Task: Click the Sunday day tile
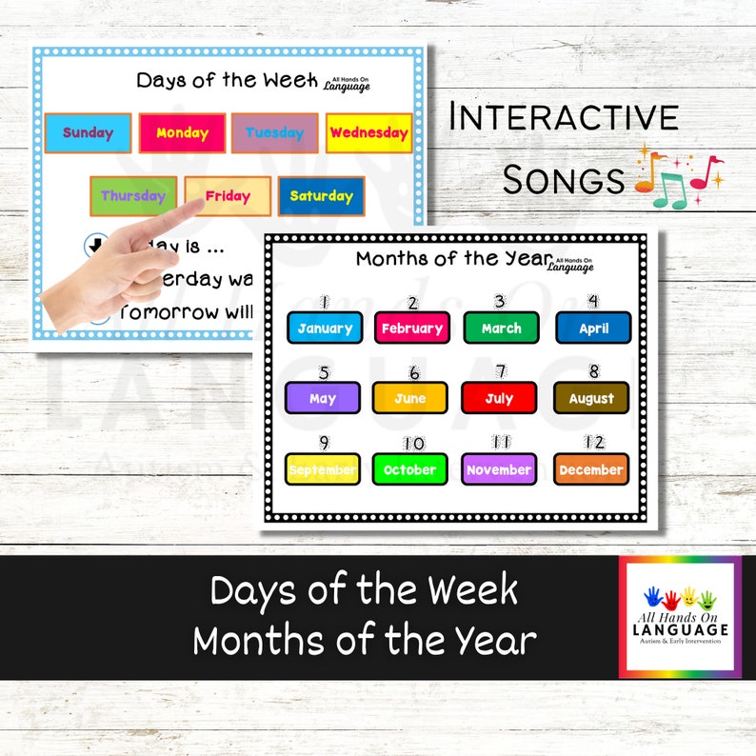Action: click(88, 133)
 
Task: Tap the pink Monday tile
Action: click(182, 133)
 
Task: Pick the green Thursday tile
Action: click(133, 196)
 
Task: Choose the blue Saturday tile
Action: click(321, 196)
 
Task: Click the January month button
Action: click(325, 328)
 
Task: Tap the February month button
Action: click(411, 328)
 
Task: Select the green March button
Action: click(501, 328)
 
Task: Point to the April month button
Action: click(593, 328)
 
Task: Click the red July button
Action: click(499, 398)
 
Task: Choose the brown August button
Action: click(591, 398)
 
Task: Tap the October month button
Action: click(410, 469)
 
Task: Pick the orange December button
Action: click(591, 469)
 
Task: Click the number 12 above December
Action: click(594, 443)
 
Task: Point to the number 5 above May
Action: click(324, 372)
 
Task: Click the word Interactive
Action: click(564, 117)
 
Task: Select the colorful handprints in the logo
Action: click(679, 599)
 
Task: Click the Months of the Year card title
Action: click(453, 258)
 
